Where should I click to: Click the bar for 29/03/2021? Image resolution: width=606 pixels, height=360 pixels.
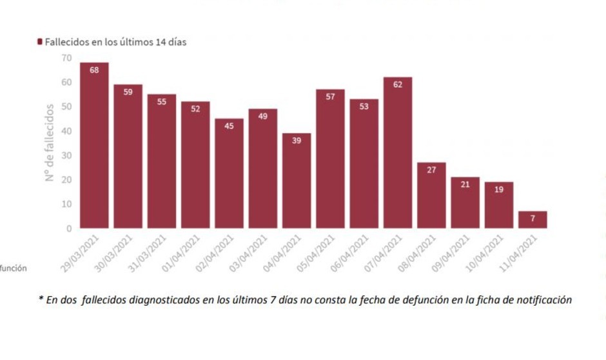point(94,145)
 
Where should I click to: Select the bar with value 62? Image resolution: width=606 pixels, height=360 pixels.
point(398,153)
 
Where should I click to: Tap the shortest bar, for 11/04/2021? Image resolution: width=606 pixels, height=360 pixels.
point(533,219)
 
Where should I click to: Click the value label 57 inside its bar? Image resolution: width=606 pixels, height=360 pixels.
point(330,97)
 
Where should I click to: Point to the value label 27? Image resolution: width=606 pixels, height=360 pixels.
point(431,170)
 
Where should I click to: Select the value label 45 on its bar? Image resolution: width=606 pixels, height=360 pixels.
point(229,126)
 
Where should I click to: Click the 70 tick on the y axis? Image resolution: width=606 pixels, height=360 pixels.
point(66,58)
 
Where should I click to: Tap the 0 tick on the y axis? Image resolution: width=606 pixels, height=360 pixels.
point(69,228)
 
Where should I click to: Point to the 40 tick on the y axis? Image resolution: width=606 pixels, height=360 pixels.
point(66,131)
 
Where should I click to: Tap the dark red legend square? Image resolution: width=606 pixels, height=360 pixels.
point(40,41)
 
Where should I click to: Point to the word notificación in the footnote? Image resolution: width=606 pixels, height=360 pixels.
point(544,301)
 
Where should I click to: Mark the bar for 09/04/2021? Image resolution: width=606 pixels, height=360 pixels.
point(465,203)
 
